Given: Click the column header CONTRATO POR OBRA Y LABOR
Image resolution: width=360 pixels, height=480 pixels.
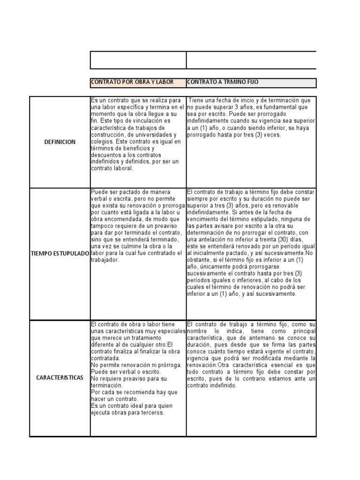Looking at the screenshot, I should click(132, 82).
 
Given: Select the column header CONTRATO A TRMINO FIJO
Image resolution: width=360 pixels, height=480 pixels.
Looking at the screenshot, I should click(223, 82).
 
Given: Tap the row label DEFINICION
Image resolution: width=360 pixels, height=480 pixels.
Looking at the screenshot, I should click(60, 142).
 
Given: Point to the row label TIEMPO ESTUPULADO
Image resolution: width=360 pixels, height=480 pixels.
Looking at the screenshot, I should click(60, 253).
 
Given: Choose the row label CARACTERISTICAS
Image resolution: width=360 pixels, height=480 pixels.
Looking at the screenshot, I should click(60, 377).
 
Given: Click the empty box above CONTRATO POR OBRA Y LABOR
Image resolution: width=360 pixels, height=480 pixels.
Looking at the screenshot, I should click(138, 60).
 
